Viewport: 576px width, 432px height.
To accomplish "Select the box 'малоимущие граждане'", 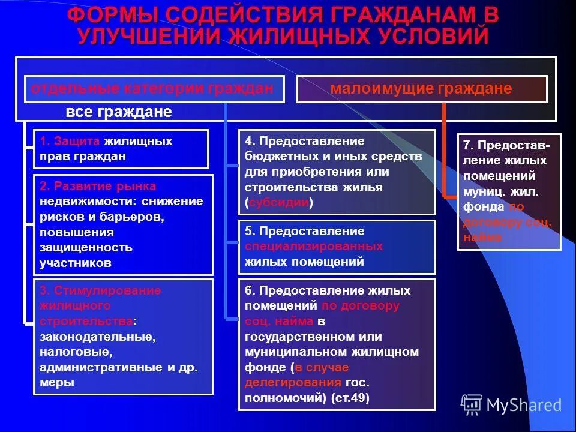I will (421, 89).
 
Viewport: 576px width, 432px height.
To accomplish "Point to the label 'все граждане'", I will (119, 112).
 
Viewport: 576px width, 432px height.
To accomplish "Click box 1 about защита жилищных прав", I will (121, 149).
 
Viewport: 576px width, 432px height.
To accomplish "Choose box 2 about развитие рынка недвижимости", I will (122, 224).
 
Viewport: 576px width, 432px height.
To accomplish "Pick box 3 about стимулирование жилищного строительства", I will (122, 336).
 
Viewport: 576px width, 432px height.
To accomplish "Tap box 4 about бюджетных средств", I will (336, 172).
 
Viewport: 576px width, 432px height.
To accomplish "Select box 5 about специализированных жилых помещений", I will (336, 247).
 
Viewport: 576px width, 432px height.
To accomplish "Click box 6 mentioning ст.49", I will (336, 344).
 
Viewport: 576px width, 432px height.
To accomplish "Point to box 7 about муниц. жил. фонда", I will (508, 191).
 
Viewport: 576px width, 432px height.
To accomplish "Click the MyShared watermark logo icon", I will (472, 405).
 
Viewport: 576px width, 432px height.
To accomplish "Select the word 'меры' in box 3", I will (57, 382).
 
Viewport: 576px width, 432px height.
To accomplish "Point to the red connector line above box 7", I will (444, 150).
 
